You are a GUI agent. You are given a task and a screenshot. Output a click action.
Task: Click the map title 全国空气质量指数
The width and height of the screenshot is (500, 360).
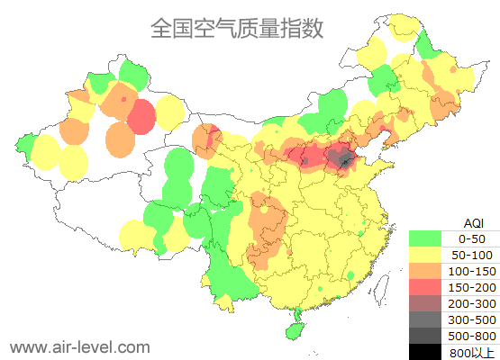click(x=237, y=29)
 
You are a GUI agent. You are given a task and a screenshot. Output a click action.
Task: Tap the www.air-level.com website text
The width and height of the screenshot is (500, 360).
click(x=79, y=346)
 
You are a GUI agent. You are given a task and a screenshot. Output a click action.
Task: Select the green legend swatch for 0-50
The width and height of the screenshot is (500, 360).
click(x=424, y=238)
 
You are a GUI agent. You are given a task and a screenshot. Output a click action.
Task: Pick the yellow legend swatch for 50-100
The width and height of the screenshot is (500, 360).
click(x=424, y=255)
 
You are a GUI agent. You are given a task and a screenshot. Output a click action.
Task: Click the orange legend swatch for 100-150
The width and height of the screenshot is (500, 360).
click(x=424, y=270)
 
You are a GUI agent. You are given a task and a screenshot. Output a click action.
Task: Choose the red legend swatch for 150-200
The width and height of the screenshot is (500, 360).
click(x=424, y=286)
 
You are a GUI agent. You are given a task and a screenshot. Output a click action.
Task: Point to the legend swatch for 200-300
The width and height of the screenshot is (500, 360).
click(x=424, y=302)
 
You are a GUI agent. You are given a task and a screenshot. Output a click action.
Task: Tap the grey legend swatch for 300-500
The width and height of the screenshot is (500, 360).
click(x=424, y=319)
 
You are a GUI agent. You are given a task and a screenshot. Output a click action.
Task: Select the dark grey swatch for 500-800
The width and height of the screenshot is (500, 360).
click(x=424, y=335)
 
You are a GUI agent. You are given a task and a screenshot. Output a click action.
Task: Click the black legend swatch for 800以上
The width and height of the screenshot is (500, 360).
click(x=424, y=350)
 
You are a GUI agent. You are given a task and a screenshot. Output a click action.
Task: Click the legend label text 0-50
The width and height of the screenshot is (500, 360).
click(x=472, y=238)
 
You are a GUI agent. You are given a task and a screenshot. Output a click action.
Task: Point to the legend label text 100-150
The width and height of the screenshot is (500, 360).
click(x=472, y=270)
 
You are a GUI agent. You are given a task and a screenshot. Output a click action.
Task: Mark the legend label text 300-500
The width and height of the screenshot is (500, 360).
click(x=472, y=319)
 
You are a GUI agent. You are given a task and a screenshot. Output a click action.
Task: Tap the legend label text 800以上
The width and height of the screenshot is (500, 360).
click(x=472, y=351)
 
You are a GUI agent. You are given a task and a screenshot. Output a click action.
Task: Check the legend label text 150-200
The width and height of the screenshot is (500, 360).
click(x=472, y=286)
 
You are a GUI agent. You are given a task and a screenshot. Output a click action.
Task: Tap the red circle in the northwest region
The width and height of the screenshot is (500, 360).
click(x=141, y=117)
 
